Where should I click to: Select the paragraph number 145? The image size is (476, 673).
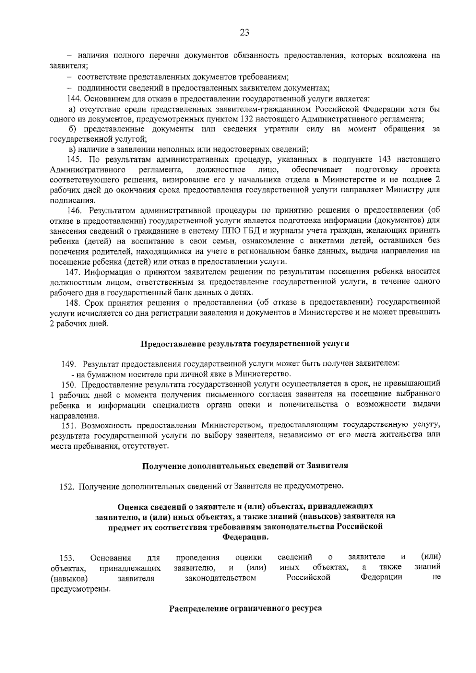click(74, 159)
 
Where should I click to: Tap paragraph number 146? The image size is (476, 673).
click(74, 210)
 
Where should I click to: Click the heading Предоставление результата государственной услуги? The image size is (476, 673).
click(245, 343)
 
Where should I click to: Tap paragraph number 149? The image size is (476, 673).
click(69, 364)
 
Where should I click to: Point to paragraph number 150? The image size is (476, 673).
click(69, 384)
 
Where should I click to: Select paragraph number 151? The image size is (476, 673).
click(69, 426)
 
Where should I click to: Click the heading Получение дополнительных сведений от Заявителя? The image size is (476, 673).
click(245, 466)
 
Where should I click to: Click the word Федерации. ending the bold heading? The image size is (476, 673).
click(245, 537)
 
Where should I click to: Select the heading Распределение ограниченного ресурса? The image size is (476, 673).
click(245, 608)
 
